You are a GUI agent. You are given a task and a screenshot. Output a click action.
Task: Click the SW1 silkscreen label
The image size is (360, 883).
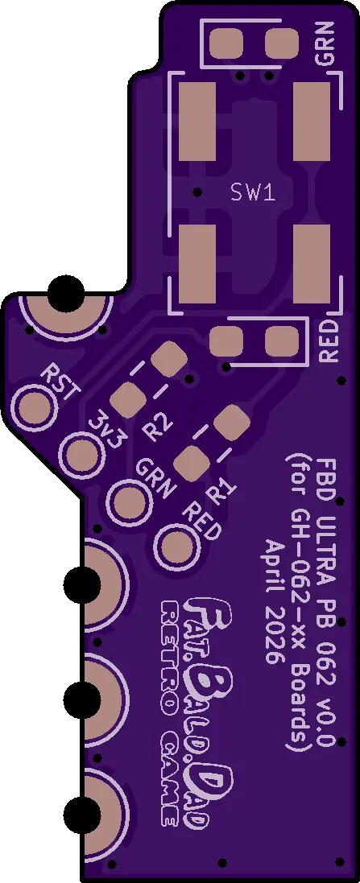click(x=254, y=194)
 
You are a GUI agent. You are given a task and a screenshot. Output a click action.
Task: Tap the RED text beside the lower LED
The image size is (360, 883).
click(x=328, y=341)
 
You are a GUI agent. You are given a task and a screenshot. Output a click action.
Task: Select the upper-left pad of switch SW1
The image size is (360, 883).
click(x=197, y=122)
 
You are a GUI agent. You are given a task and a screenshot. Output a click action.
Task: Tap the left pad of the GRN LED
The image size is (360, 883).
click(x=226, y=43)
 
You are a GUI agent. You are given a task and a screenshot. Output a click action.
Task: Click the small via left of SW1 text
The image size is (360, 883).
click(x=197, y=192)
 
